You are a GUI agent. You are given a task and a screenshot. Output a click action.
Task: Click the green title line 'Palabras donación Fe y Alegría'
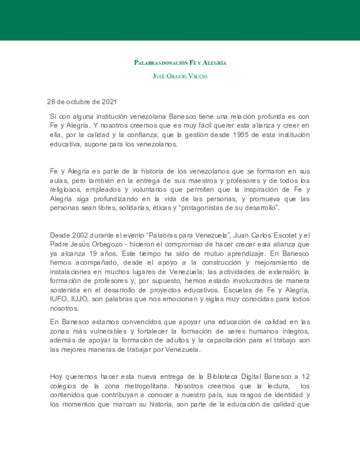pos(180,63)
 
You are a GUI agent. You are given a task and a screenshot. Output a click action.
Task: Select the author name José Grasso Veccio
pos(180,76)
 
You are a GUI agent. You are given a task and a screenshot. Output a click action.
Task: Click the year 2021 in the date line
pos(109,102)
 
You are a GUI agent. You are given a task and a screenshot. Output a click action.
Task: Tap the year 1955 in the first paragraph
pos(241,135)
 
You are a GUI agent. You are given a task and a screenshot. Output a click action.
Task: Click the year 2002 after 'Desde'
pos(80,235)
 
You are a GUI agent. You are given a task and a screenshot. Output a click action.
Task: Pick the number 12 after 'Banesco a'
pos(306,377)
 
